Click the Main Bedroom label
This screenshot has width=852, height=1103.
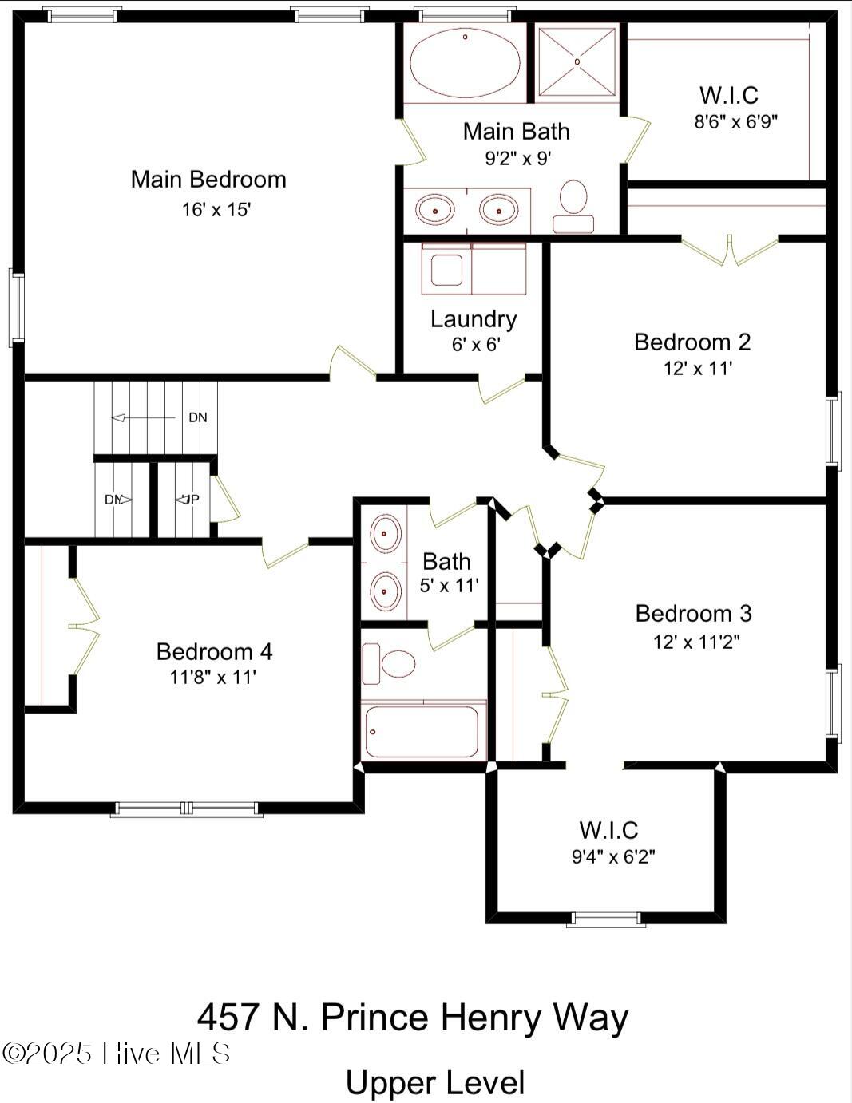pos(208,180)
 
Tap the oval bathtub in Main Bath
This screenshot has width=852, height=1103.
pos(465,61)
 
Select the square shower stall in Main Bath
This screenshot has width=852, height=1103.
pos(577,61)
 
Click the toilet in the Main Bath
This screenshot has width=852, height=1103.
pos(574,207)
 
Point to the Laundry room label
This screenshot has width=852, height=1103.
pos(474,320)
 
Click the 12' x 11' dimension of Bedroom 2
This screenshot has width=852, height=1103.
pos(698,369)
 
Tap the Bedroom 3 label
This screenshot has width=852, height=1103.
pos(693,613)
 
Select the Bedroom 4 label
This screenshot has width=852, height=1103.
pos(214,652)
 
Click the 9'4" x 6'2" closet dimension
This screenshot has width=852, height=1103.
pos(613,857)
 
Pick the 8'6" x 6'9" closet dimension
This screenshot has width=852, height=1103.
pos(736,122)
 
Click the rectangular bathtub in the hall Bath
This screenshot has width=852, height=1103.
pos(423,730)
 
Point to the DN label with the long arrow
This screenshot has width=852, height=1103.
pos(198,417)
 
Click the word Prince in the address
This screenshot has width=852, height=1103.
pos(374,1018)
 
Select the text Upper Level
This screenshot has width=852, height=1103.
pos(435,1083)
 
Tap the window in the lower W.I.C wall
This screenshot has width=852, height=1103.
pos(606,919)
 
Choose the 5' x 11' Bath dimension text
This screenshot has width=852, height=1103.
pos(450,586)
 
